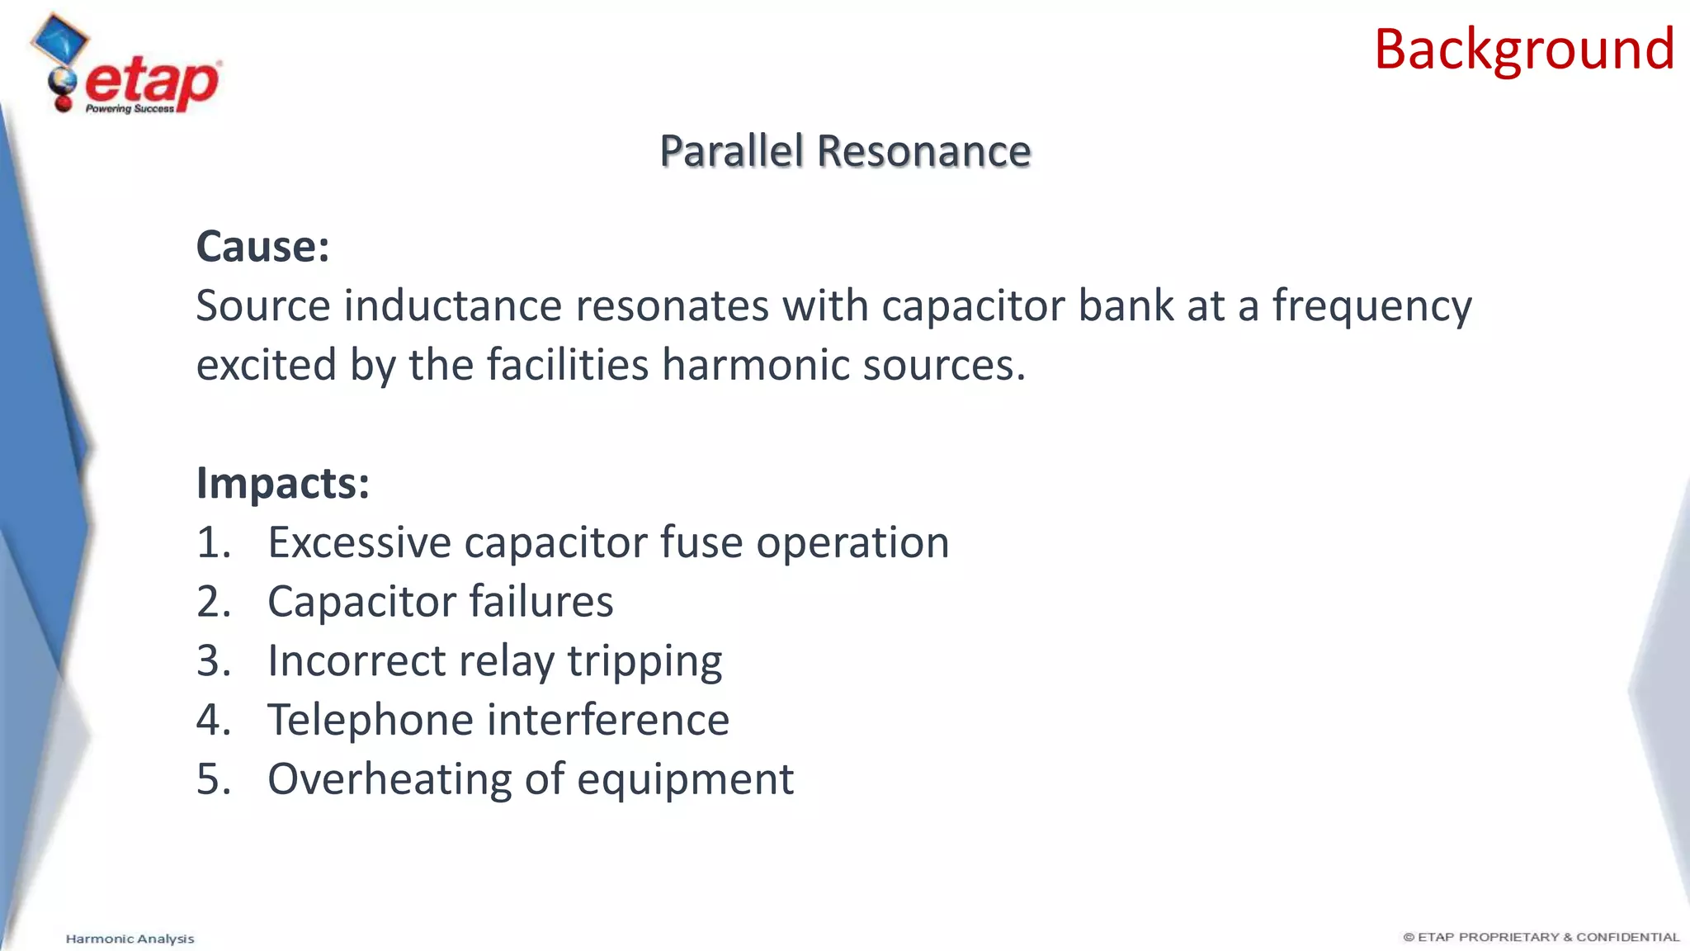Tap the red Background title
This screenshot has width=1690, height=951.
[x=1523, y=50]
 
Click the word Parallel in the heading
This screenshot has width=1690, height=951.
[x=731, y=151]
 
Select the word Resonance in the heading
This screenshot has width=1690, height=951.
[x=924, y=151]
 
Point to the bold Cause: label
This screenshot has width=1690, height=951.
[x=262, y=247]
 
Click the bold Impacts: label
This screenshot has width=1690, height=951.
[x=282, y=483]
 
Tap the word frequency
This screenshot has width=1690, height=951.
[x=1371, y=307]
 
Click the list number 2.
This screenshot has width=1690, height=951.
[x=213, y=602]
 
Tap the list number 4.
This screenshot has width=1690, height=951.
[x=213, y=720]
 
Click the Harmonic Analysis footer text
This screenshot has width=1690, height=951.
[x=130, y=939]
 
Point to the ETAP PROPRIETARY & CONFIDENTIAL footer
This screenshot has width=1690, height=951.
[x=1541, y=937]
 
